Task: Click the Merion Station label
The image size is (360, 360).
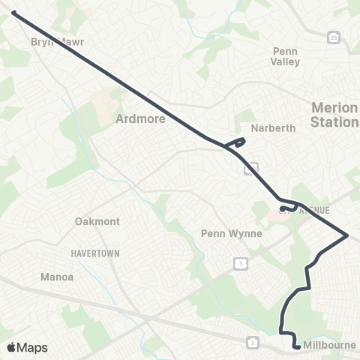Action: [x=334, y=115]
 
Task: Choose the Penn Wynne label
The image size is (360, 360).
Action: [x=232, y=233]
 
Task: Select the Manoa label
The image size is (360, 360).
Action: [x=56, y=277]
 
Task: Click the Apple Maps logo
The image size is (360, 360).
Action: [x=28, y=347]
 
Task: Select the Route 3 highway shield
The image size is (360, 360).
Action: [x=253, y=343]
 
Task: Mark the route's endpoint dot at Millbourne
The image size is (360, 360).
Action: [x=297, y=346]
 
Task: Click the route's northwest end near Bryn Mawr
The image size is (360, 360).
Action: [x=13, y=12]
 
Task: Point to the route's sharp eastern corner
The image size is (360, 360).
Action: [x=347, y=235]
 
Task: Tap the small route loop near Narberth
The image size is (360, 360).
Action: [x=239, y=141]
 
